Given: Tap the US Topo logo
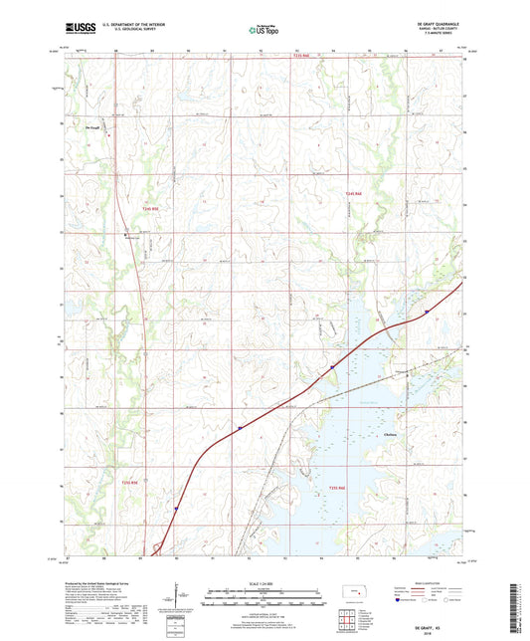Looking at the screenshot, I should point(264,30).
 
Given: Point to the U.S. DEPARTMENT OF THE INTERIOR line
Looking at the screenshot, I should point(135,25).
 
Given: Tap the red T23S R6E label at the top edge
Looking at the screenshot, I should point(302,57).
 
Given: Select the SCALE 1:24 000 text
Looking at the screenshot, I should point(264,582).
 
